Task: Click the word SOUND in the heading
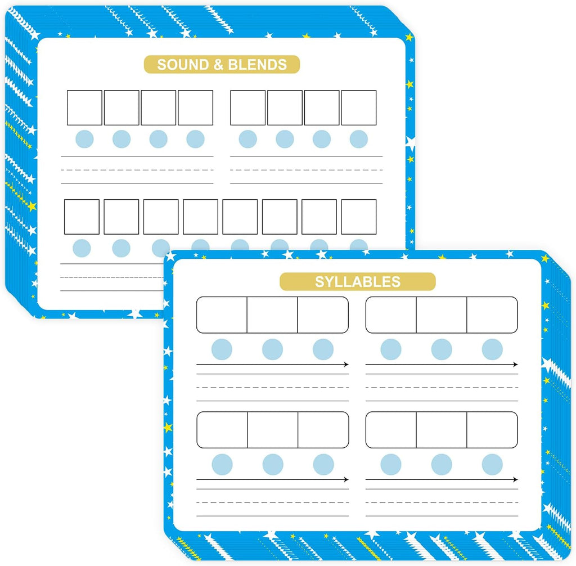183,65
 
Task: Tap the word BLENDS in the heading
257,65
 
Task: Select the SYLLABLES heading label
357,282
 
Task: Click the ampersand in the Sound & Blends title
218,65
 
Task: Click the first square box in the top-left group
84,107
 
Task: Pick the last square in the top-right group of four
358,107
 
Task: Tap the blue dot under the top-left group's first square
84,140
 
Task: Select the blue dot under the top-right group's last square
358,140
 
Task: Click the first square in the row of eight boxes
82,217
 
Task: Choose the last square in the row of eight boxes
358,217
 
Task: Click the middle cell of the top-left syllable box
272,315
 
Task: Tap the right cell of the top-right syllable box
492,315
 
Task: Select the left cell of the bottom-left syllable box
222,430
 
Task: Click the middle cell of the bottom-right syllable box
442,430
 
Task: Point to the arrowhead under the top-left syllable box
346,365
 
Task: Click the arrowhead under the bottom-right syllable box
515,479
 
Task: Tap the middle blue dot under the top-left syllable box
272,349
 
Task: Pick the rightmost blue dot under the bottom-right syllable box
492,464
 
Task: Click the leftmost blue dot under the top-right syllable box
391,349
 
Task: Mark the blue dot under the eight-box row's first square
82,248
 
